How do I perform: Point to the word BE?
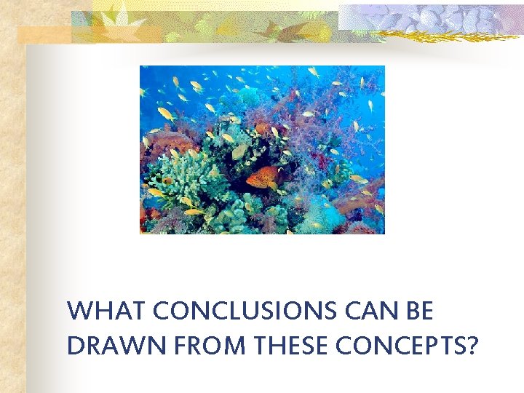point(419,311)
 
